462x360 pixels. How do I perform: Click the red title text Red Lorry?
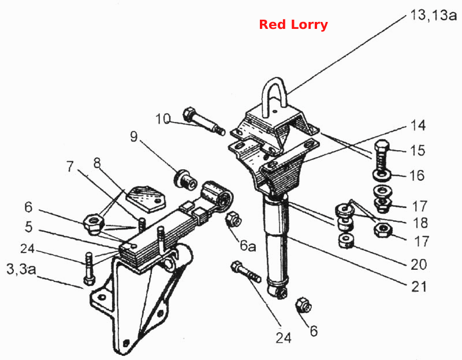(x=293, y=24)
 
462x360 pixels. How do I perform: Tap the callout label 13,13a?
(x=433, y=15)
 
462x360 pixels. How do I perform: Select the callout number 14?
(x=418, y=125)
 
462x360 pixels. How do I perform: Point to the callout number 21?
(x=419, y=287)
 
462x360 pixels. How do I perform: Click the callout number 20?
(x=419, y=265)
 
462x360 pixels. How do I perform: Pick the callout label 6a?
(x=248, y=246)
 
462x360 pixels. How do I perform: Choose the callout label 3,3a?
(x=21, y=269)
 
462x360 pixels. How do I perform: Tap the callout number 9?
(x=134, y=136)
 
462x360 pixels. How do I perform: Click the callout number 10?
(x=163, y=119)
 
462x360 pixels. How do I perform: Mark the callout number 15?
(x=418, y=150)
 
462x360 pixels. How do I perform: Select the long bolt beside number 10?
(x=204, y=121)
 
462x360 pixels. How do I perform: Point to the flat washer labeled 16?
(x=382, y=175)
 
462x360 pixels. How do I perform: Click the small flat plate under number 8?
(x=146, y=199)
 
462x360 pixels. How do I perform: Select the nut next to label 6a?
(x=234, y=219)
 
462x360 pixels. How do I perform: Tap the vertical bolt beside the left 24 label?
(x=90, y=268)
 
